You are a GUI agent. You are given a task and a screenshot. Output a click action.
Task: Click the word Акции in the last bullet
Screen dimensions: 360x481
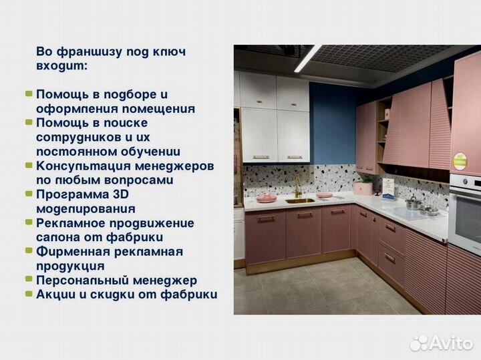coord(57,295)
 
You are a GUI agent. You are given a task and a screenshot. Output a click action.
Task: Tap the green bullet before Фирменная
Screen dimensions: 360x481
coord(29,251)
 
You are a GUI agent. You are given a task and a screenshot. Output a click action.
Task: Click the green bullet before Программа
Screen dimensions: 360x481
coord(29,194)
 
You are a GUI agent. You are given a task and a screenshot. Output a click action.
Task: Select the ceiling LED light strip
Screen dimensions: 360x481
coord(308,58)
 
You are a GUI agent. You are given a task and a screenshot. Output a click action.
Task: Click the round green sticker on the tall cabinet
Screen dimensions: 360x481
coord(460,161)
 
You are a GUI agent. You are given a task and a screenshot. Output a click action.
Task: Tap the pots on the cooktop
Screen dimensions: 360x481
coord(416,204)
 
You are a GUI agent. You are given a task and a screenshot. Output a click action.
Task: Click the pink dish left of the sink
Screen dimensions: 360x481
coord(267,198)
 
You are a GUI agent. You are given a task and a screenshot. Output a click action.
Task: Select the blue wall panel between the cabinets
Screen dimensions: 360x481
coord(332,127)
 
